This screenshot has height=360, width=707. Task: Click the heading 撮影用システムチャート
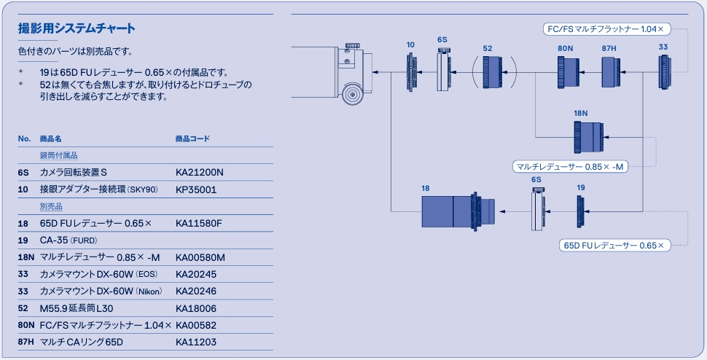click(x=77, y=30)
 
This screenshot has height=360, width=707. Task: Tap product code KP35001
click(x=197, y=189)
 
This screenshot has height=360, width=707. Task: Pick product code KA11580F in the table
click(x=198, y=223)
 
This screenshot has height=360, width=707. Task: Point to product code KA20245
click(x=196, y=274)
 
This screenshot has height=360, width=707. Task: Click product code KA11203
click(x=196, y=342)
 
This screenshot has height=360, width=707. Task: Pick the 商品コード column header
click(x=192, y=138)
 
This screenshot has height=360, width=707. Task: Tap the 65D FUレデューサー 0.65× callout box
click(x=614, y=246)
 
